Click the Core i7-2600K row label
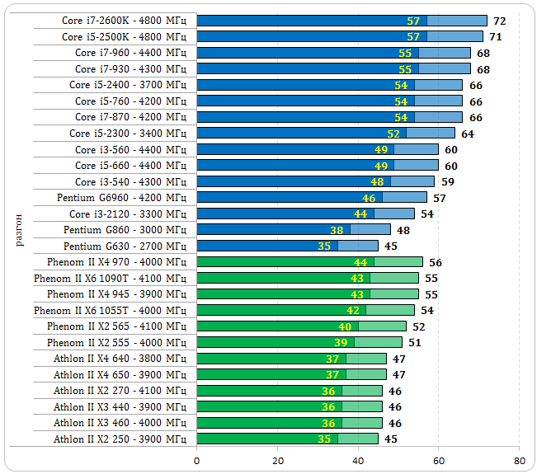point(124,21)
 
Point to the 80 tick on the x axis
point(519,461)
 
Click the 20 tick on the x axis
point(278,461)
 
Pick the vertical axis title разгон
point(19,229)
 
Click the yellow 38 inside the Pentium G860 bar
point(337,230)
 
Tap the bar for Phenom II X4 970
point(309,262)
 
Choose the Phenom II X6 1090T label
point(110,279)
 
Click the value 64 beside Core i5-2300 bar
point(468,134)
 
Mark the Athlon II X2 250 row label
point(120,439)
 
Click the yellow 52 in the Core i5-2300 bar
point(393,134)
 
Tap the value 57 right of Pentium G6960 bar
point(440,198)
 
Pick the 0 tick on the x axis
point(197,461)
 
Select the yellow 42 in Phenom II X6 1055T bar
point(353,311)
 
